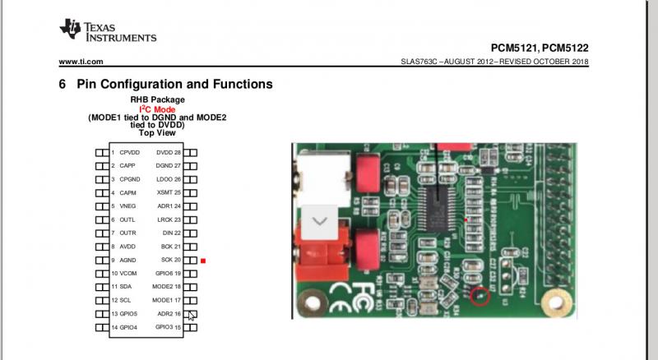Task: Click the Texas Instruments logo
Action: tap(107, 31)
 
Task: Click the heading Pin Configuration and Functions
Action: tap(174, 84)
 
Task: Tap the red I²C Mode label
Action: tap(157, 109)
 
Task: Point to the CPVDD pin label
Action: tap(129, 153)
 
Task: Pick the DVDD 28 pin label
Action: tap(168, 153)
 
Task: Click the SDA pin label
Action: tap(126, 287)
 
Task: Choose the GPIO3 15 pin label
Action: tap(167, 328)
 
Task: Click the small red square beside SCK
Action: tap(202, 261)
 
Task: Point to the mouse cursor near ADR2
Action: tap(192, 316)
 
